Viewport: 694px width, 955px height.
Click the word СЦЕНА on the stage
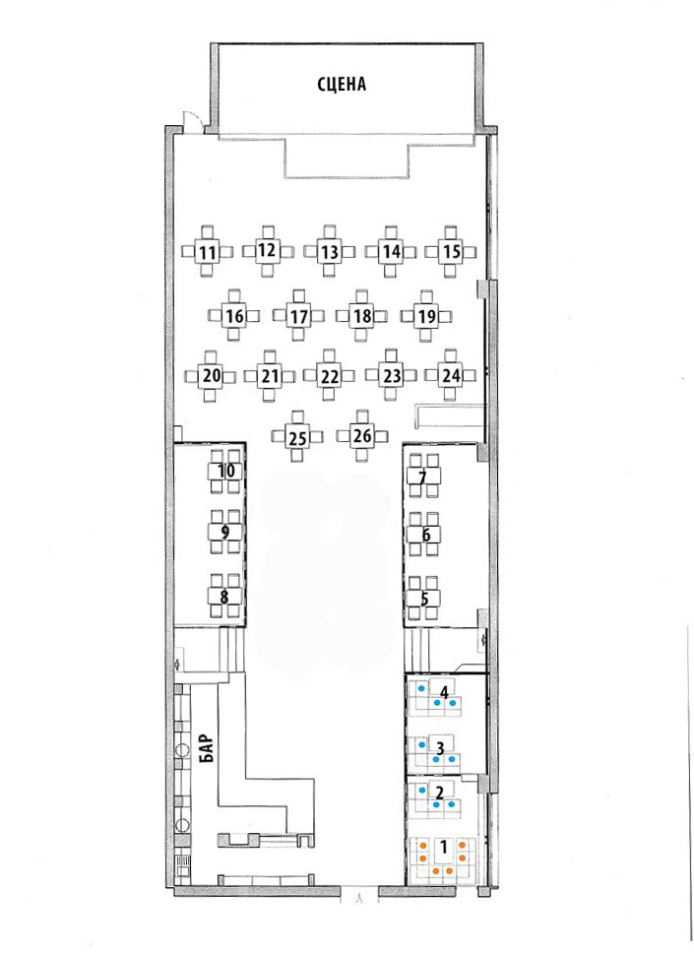[342, 84]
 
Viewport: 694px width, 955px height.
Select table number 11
[208, 251]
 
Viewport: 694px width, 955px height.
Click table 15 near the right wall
[451, 251]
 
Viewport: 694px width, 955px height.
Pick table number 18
[361, 316]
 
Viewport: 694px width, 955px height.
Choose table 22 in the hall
[330, 376]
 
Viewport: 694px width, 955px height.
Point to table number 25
[297, 437]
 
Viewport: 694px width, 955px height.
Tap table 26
[362, 435]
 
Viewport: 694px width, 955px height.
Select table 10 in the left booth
[225, 472]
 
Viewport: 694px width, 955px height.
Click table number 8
[225, 597]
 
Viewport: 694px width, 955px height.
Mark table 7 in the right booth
[423, 476]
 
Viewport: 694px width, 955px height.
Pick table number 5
[423, 599]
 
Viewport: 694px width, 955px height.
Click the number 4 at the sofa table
[444, 692]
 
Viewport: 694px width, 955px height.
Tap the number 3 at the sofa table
[439, 745]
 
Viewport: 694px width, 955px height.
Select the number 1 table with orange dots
[444, 848]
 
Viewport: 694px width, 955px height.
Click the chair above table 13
[330, 232]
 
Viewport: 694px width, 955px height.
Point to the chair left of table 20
[191, 376]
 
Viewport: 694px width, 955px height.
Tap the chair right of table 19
[446, 317]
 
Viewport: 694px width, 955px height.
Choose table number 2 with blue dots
[439, 793]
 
